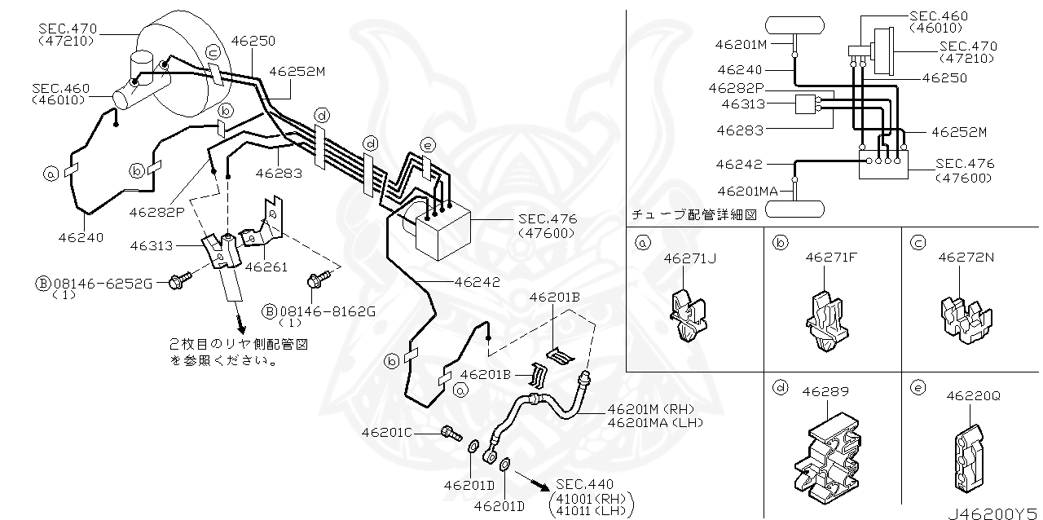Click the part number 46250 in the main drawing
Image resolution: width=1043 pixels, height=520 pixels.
point(253,41)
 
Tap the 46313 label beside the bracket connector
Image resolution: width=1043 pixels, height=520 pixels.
point(152,245)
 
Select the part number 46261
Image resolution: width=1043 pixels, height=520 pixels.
point(266,267)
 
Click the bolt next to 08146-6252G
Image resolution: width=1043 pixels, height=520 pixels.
point(180,280)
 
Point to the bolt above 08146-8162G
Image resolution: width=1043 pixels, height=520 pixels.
point(319,279)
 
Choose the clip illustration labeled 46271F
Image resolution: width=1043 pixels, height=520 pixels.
point(827,321)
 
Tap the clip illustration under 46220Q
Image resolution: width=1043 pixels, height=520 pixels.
point(970,459)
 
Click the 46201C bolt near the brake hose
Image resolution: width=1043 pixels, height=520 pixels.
point(451,434)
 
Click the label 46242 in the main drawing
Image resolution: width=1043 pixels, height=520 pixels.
point(477,282)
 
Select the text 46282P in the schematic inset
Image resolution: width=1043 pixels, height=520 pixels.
point(737,88)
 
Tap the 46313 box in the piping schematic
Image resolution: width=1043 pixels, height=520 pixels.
point(806,104)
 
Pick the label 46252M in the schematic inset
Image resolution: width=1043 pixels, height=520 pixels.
point(959,132)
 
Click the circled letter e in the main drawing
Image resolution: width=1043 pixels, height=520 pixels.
point(428,145)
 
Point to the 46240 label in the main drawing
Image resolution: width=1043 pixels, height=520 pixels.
point(81,238)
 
